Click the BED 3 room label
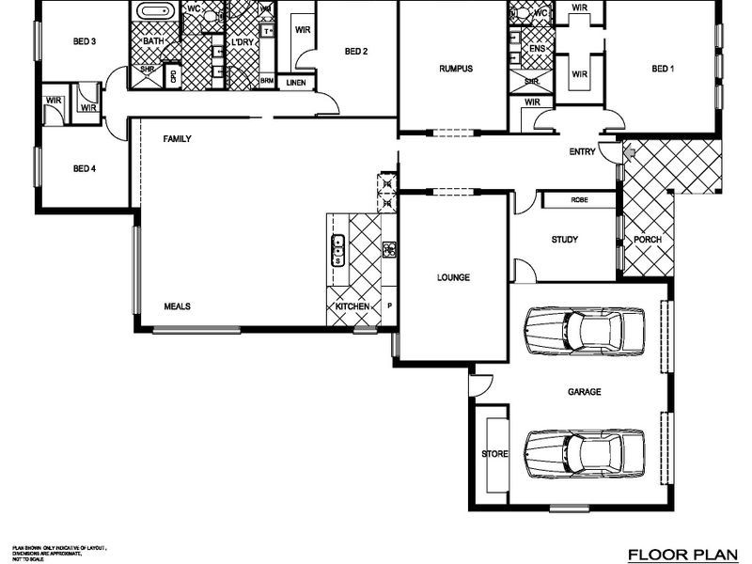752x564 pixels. [85, 41]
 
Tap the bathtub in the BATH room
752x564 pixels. [153, 13]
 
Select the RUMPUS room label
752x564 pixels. [455, 69]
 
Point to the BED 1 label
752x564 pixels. [663, 69]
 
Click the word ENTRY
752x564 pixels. [583, 152]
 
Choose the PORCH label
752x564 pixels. [647, 240]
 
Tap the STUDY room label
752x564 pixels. [564, 240]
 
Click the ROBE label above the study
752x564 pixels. [579, 200]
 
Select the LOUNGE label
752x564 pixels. [453, 277]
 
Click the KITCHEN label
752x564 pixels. [352, 307]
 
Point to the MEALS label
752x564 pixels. [178, 306]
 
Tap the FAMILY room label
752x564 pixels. [177, 139]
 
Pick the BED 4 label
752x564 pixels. [85, 169]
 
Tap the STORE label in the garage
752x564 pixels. [494, 454]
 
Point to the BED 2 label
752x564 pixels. [355, 52]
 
